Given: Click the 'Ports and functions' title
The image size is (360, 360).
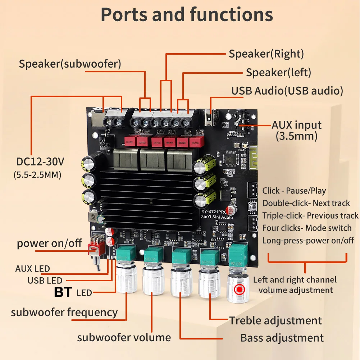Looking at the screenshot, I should pos(187,15).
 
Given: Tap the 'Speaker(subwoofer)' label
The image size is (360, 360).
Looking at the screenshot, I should pos(70,64).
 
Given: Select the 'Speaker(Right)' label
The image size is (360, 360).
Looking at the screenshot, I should pos(266,54).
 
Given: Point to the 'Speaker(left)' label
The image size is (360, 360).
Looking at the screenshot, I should pos(278,72).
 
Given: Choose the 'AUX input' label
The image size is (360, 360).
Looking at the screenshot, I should pos(297,125).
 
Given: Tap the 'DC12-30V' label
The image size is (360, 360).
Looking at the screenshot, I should pos(40,162).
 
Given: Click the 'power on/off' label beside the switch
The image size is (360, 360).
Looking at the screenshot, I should pos(49,243).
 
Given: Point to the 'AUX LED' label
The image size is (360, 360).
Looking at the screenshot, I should pos(32,269).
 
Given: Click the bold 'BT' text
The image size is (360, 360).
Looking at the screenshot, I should pos(63,292).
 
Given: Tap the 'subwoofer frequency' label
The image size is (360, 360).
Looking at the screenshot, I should pos(64,312).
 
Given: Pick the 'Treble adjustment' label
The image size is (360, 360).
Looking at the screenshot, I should pos(275,320).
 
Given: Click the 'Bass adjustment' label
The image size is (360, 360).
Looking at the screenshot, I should pos(282,338).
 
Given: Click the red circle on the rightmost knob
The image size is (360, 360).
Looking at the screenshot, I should pos(239,290).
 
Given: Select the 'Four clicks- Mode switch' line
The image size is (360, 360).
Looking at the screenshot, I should pos(307,228).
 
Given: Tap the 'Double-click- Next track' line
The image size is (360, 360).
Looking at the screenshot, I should pos(306,203).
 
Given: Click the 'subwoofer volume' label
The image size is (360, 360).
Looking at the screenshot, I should pos(124,337).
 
